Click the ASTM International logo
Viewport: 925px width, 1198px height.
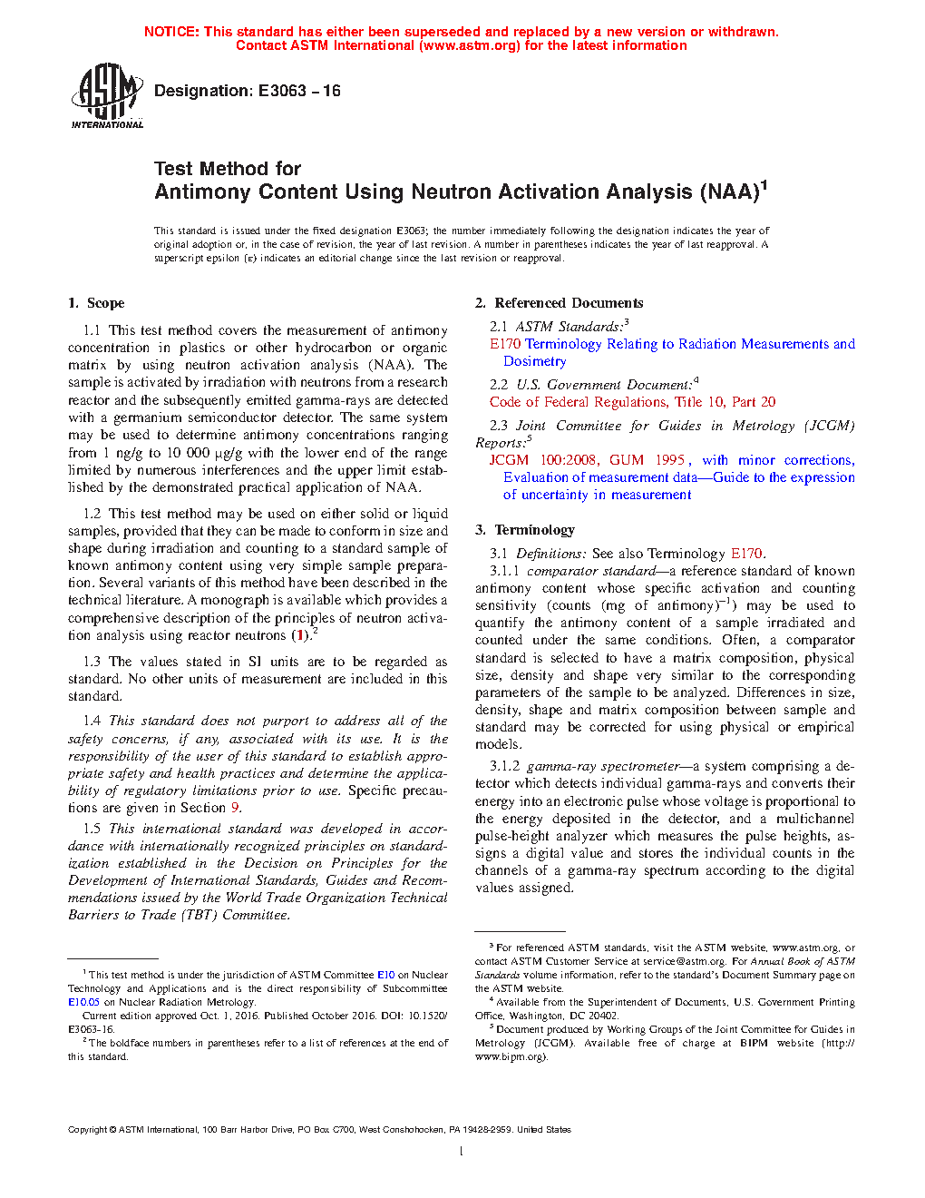point(106,95)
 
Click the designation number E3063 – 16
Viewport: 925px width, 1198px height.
point(298,91)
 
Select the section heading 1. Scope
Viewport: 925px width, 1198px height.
point(96,303)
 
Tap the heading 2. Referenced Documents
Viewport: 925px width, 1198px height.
point(560,303)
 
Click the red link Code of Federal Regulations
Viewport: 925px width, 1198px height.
point(578,402)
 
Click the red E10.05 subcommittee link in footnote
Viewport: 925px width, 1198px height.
point(83,1002)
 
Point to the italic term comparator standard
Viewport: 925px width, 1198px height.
point(591,571)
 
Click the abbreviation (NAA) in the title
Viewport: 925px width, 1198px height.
point(728,192)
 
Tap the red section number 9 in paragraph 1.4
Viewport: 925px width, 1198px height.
point(235,808)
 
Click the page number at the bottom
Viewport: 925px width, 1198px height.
point(462,1152)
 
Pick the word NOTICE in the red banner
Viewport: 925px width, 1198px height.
point(171,32)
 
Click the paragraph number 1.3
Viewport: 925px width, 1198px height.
point(92,662)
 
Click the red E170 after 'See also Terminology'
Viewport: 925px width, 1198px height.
point(746,554)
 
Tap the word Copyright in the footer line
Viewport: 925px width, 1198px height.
point(87,1130)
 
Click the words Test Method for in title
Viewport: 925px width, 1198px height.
point(228,169)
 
